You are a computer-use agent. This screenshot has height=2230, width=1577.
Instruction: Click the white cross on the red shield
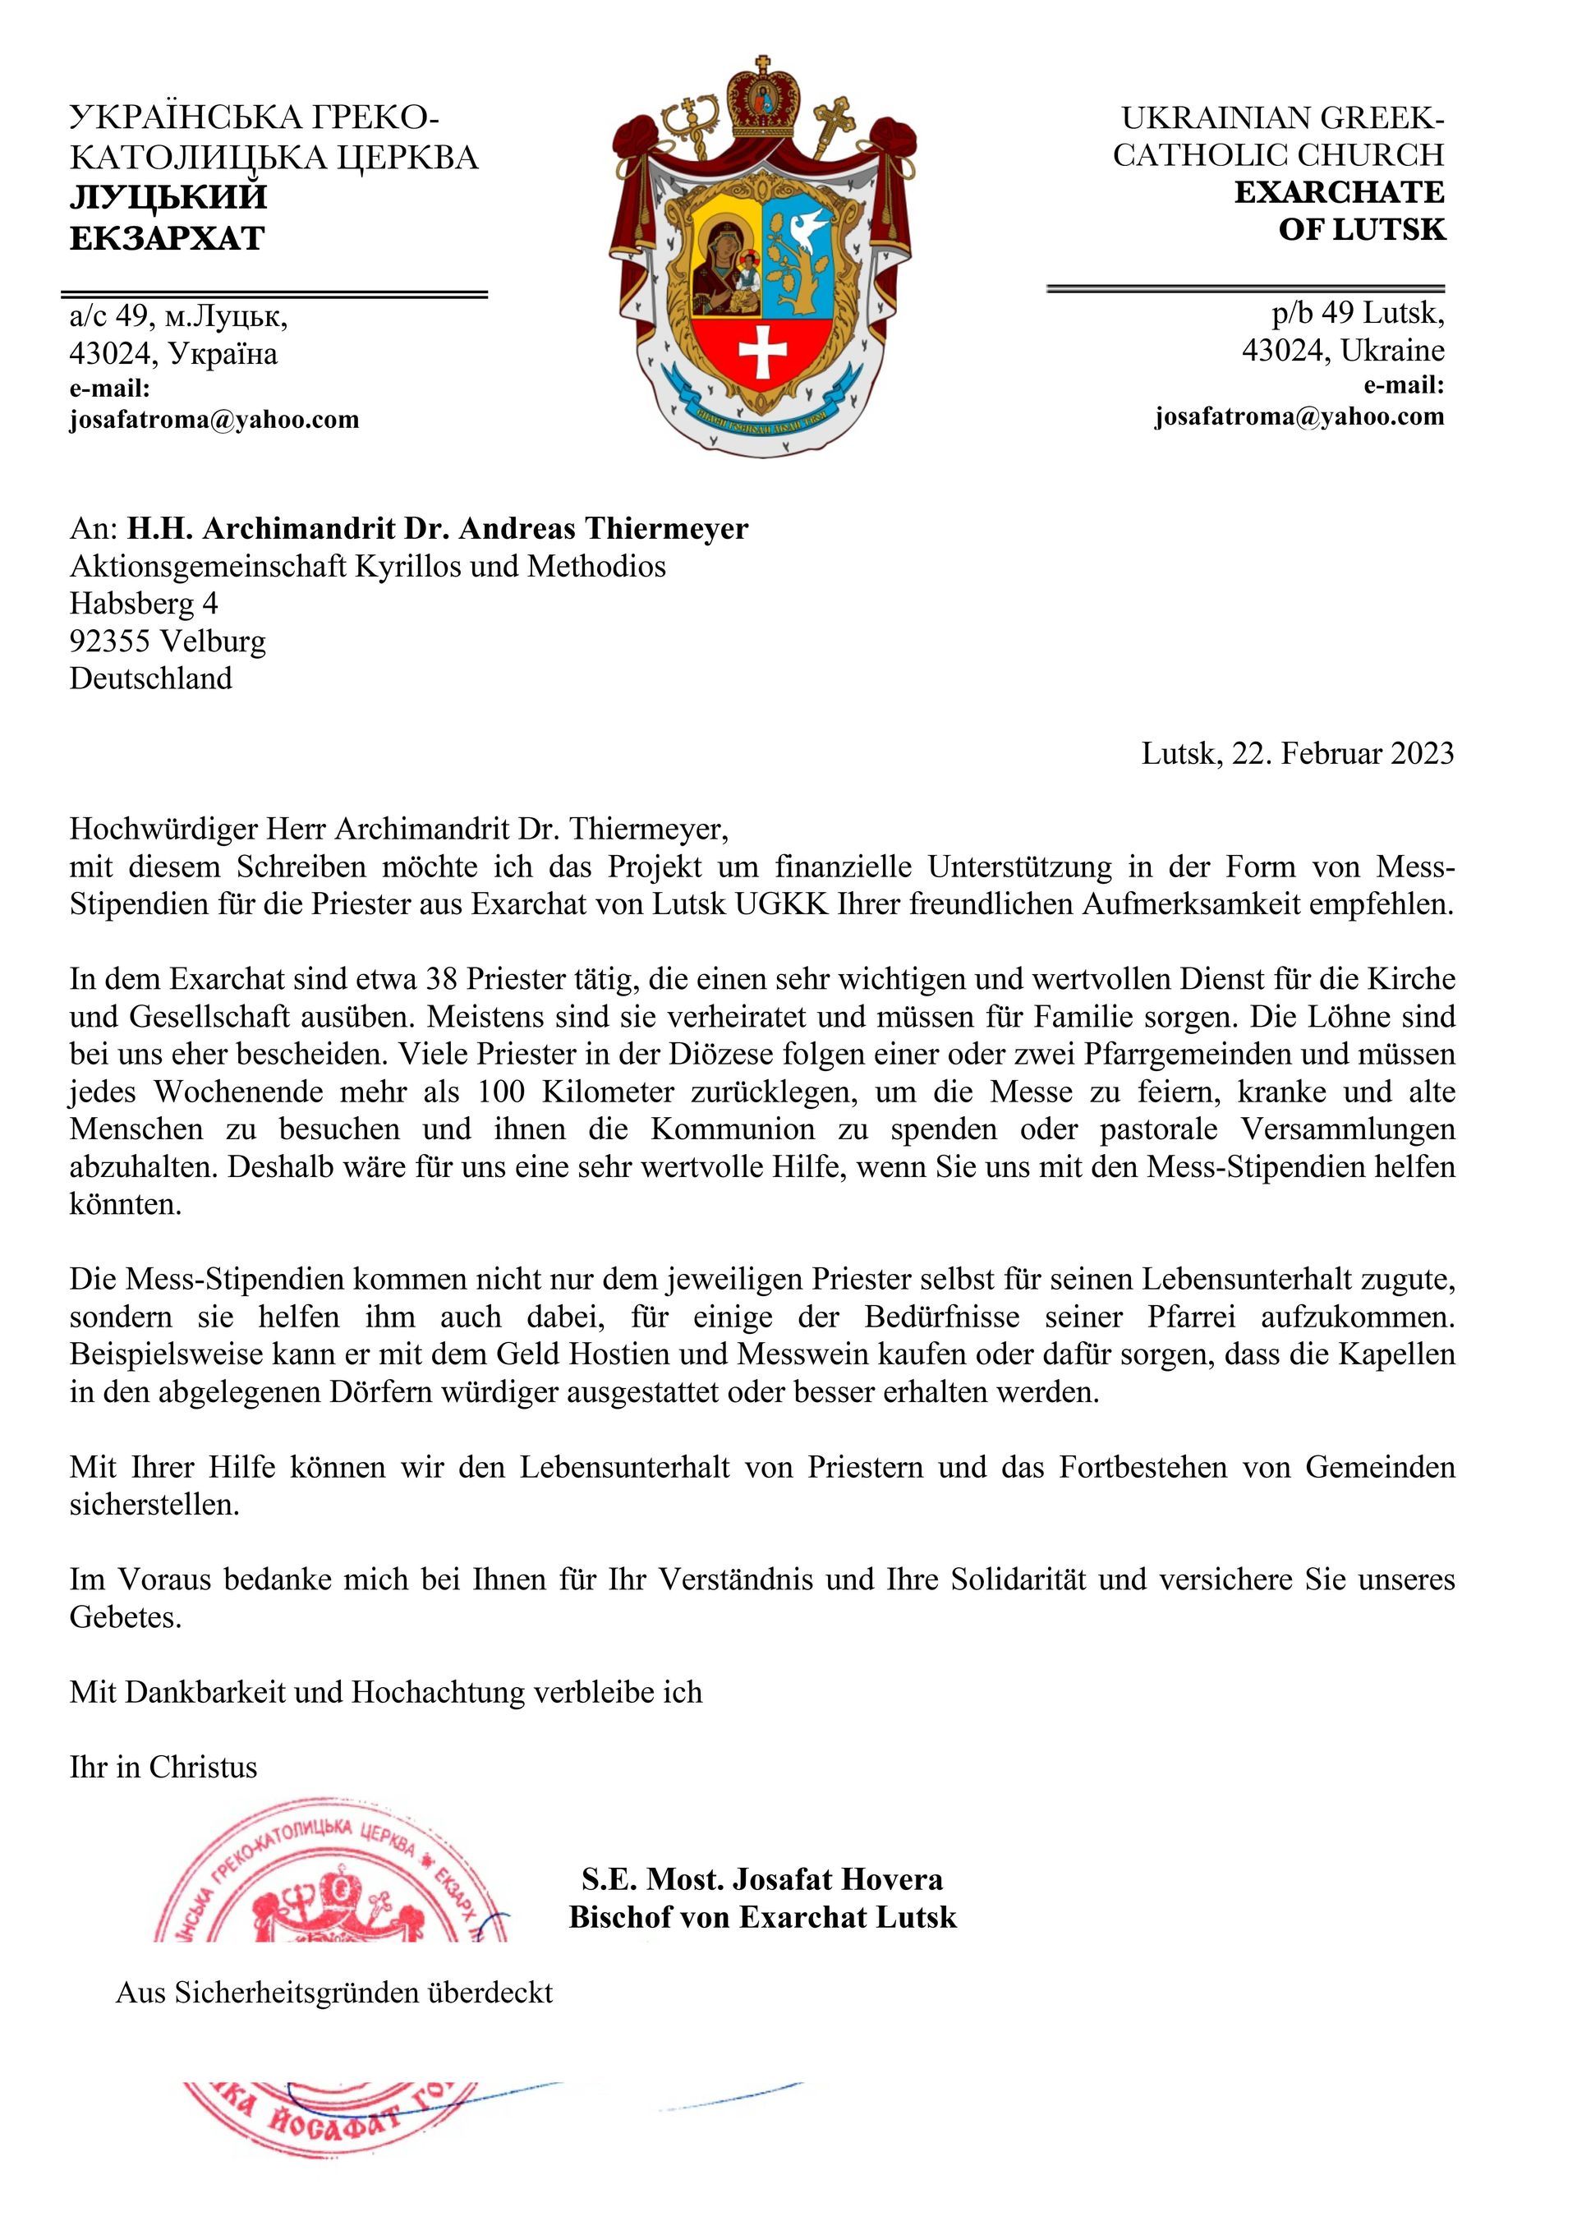click(x=763, y=352)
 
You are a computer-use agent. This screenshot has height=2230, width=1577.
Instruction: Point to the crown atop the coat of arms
click(x=763, y=97)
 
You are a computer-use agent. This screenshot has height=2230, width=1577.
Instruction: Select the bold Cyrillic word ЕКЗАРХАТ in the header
click(x=167, y=238)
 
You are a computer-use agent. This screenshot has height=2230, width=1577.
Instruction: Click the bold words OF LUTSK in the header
click(x=1362, y=230)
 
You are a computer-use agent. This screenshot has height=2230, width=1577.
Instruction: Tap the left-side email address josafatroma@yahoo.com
click(x=214, y=420)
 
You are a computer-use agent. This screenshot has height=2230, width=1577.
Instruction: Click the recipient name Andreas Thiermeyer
click(x=603, y=528)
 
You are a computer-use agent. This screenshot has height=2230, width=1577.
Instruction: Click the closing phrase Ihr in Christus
click(x=163, y=1767)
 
